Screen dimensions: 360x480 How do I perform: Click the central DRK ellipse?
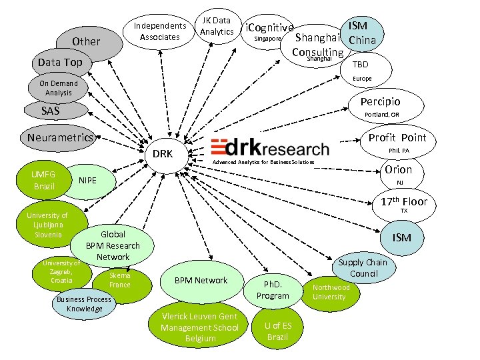coord(163,154)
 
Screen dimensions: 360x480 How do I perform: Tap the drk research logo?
coord(269,147)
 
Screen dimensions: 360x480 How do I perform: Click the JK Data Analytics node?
coord(217,27)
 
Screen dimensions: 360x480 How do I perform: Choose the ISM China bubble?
coord(363,33)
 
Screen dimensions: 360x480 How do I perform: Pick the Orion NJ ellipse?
coord(399,173)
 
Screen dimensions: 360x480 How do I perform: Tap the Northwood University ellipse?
coord(331,292)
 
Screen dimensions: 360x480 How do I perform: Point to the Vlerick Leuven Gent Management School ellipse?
coord(200,327)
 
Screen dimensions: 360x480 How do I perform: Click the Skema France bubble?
coord(119,280)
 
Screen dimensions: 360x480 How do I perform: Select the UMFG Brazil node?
coord(44,179)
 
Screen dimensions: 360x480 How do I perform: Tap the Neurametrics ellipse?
coord(61,138)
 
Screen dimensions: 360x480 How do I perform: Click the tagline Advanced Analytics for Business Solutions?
coord(263,162)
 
